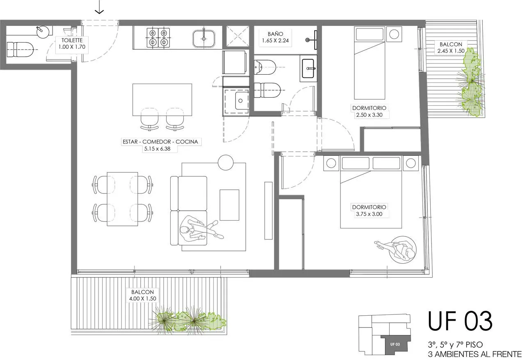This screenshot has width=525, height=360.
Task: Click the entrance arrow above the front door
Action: [100, 7]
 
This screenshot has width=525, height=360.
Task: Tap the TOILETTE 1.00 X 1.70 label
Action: [72, 43]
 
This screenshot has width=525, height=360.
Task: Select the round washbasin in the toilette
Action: [43, 32]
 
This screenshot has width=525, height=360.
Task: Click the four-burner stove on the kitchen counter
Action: [158, 38]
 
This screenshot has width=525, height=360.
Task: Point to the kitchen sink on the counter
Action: [204, 39]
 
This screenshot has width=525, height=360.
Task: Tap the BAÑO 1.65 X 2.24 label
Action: [275, 37]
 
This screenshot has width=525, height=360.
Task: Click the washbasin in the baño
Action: [308, 68]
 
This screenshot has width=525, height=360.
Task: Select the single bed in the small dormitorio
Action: [370, 63]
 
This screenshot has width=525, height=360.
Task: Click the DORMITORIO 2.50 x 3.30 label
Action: [369, 112]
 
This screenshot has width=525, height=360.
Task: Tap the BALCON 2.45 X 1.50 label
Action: [451, 47]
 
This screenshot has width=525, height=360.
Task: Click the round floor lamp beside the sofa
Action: [226, 162]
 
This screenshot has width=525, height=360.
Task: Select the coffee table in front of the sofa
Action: [229, 205]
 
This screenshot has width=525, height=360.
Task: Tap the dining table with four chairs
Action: [122, 199]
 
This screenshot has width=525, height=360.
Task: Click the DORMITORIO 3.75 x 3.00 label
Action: [369, 210]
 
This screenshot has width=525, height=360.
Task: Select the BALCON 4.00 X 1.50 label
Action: [142, 295]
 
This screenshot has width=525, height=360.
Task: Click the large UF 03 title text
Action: [460, 321]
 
